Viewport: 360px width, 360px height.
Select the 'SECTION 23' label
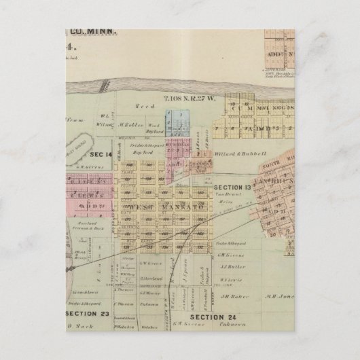click(x=87, y=314)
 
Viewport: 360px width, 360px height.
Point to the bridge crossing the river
click(x=103, y=86)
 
